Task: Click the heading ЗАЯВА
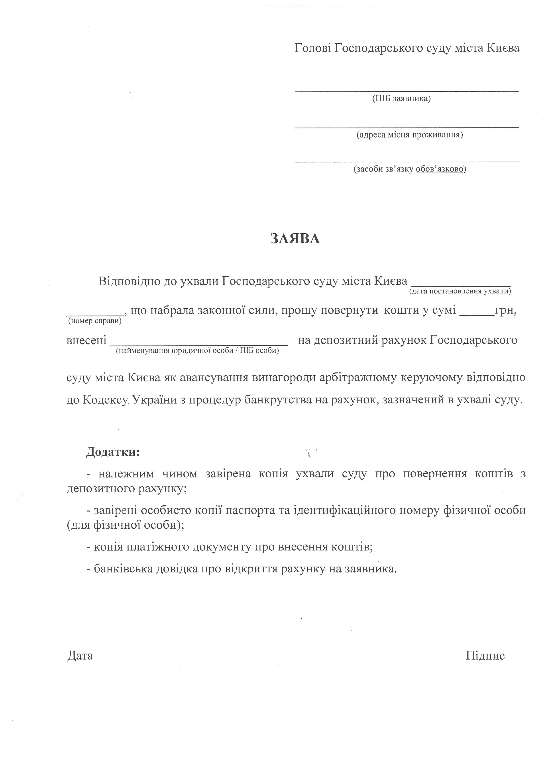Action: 295,239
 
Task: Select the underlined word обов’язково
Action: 439,169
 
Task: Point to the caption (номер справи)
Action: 95,321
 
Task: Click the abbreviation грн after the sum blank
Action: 505,310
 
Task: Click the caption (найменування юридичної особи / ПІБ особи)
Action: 197,351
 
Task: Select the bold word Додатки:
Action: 113,452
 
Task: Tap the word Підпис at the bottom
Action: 485,655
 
